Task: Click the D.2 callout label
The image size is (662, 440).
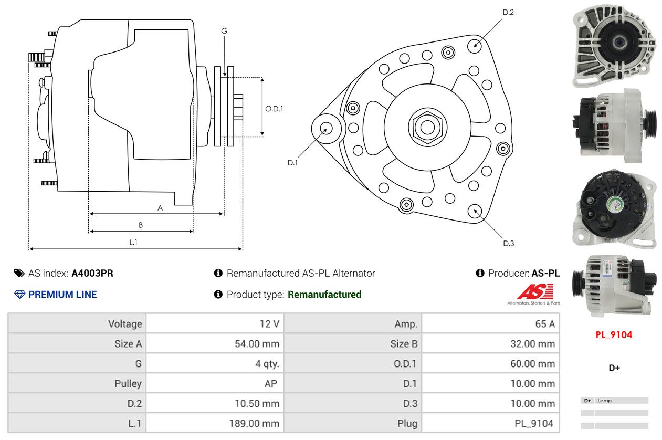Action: coord(508,12)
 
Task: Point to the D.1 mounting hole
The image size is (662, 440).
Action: coord(325,128)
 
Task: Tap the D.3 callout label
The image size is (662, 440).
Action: coord(508,243)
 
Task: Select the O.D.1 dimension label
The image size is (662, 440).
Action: coord(274,109)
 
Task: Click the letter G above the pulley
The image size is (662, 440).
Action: coord(224,31)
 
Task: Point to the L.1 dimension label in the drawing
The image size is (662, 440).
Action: coord(133,242)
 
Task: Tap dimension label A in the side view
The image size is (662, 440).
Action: coord(160,208)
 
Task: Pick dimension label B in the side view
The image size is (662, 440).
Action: coord(140,225)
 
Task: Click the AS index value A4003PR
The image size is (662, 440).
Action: coord(92,273)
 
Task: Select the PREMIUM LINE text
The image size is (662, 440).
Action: coord(62,295)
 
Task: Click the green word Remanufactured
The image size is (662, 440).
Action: coord(324,295)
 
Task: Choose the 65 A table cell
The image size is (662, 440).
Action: coord(491,324)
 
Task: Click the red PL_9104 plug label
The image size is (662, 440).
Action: coord(614,335)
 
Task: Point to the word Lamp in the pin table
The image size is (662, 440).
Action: coord(604,401)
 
